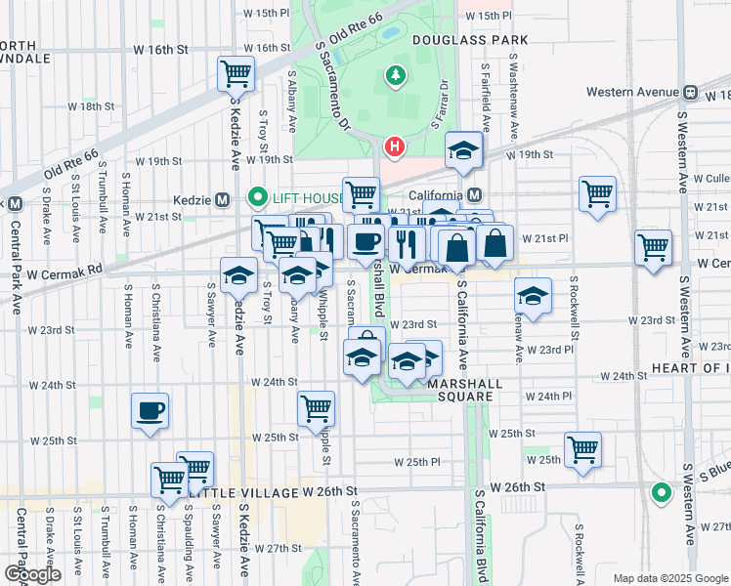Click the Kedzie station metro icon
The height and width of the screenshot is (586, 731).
click(x=222, y=199)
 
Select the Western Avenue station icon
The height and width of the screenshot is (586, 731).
click(x=690, y=92)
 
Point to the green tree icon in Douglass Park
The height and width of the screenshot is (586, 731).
click(x=395, y=74)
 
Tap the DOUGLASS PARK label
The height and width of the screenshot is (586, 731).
click(x=469, y=40)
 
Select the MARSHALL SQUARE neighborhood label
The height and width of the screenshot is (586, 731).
click(x=464, y=385)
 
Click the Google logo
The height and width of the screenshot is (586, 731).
click(x=32, y=575)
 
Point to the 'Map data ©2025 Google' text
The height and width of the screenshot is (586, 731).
click(x=669, y=578)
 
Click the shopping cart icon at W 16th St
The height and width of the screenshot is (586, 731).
click(x=236, y=72)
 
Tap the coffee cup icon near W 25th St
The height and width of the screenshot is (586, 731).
click(x=150, y=410)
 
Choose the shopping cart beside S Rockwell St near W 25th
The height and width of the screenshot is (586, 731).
click(x=582, y=449)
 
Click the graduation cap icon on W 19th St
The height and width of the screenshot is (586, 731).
click(x=464, y=149)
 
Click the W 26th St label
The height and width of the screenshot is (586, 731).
click(x=515, y=486)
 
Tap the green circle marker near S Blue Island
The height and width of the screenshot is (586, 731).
click(x=662, y=493)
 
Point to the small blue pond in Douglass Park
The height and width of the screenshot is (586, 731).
click(x=391, y=32)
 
